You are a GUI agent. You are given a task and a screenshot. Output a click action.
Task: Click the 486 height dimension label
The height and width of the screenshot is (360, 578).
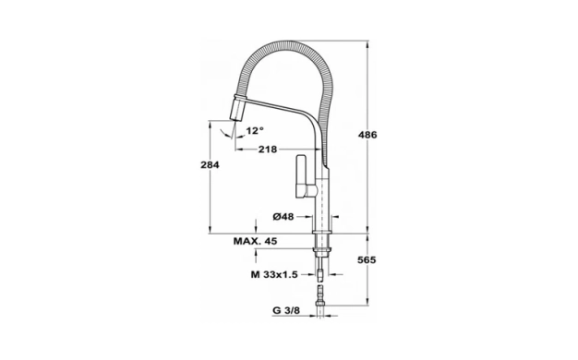point(367,135)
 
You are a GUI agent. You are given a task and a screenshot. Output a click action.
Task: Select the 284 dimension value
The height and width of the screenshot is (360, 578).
point(210,164)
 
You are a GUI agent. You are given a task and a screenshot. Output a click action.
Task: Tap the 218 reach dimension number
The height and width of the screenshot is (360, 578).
point(267,150)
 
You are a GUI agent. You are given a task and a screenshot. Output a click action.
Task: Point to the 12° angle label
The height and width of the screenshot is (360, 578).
point(255,130)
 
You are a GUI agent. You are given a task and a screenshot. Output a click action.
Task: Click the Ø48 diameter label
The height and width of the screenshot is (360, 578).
point(283,217)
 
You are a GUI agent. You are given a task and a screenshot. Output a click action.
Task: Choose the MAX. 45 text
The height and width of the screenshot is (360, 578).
point(255,241)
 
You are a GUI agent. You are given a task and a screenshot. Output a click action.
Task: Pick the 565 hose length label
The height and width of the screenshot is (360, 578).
point(367,260)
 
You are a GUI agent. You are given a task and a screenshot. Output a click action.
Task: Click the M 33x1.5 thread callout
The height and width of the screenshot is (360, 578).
point(274,274)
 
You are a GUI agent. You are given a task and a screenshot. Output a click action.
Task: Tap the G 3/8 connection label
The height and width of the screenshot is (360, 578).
point(286,310)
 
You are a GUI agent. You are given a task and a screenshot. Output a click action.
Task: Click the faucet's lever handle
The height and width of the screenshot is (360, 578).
point(303,177)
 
